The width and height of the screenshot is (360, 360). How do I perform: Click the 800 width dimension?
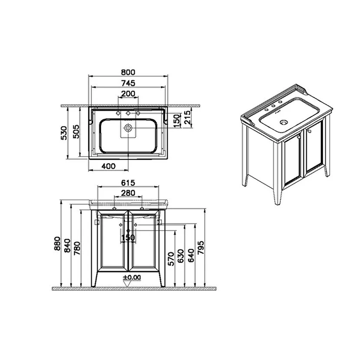tap(128, 72)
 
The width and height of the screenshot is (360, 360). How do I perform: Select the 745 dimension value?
tap(128, 83)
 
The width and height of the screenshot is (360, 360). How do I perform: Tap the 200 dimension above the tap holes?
tap(128, 94)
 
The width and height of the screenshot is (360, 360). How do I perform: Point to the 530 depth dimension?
tap(63, 133)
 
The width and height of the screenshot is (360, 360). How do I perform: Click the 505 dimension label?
tap(76, 131)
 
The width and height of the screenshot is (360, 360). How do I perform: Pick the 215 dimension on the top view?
tap(187, 117)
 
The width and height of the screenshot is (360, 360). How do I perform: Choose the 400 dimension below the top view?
tap(108, 166)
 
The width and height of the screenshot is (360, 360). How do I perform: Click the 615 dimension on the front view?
tap(128, 183)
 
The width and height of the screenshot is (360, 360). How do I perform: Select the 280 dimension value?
tap(128, 193)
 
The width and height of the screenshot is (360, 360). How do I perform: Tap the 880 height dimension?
tap(57, 243)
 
